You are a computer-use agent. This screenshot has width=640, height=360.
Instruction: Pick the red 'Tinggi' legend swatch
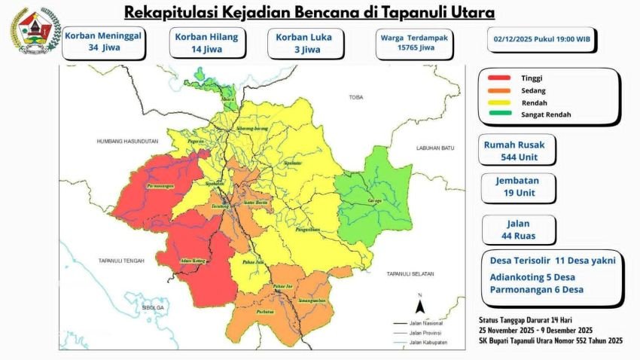click(x=501, y=78)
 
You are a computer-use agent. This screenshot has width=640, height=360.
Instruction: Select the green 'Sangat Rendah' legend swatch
click(x=501, y=114)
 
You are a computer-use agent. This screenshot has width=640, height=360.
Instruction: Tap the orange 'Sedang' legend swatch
click(x=501, y=90)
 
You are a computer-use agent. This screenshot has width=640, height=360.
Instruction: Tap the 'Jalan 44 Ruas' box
click(x=519, y=230)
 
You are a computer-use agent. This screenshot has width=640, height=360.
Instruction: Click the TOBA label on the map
click(x=355, y=98)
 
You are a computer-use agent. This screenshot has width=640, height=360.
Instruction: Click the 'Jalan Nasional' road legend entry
click(x=423, y=321)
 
